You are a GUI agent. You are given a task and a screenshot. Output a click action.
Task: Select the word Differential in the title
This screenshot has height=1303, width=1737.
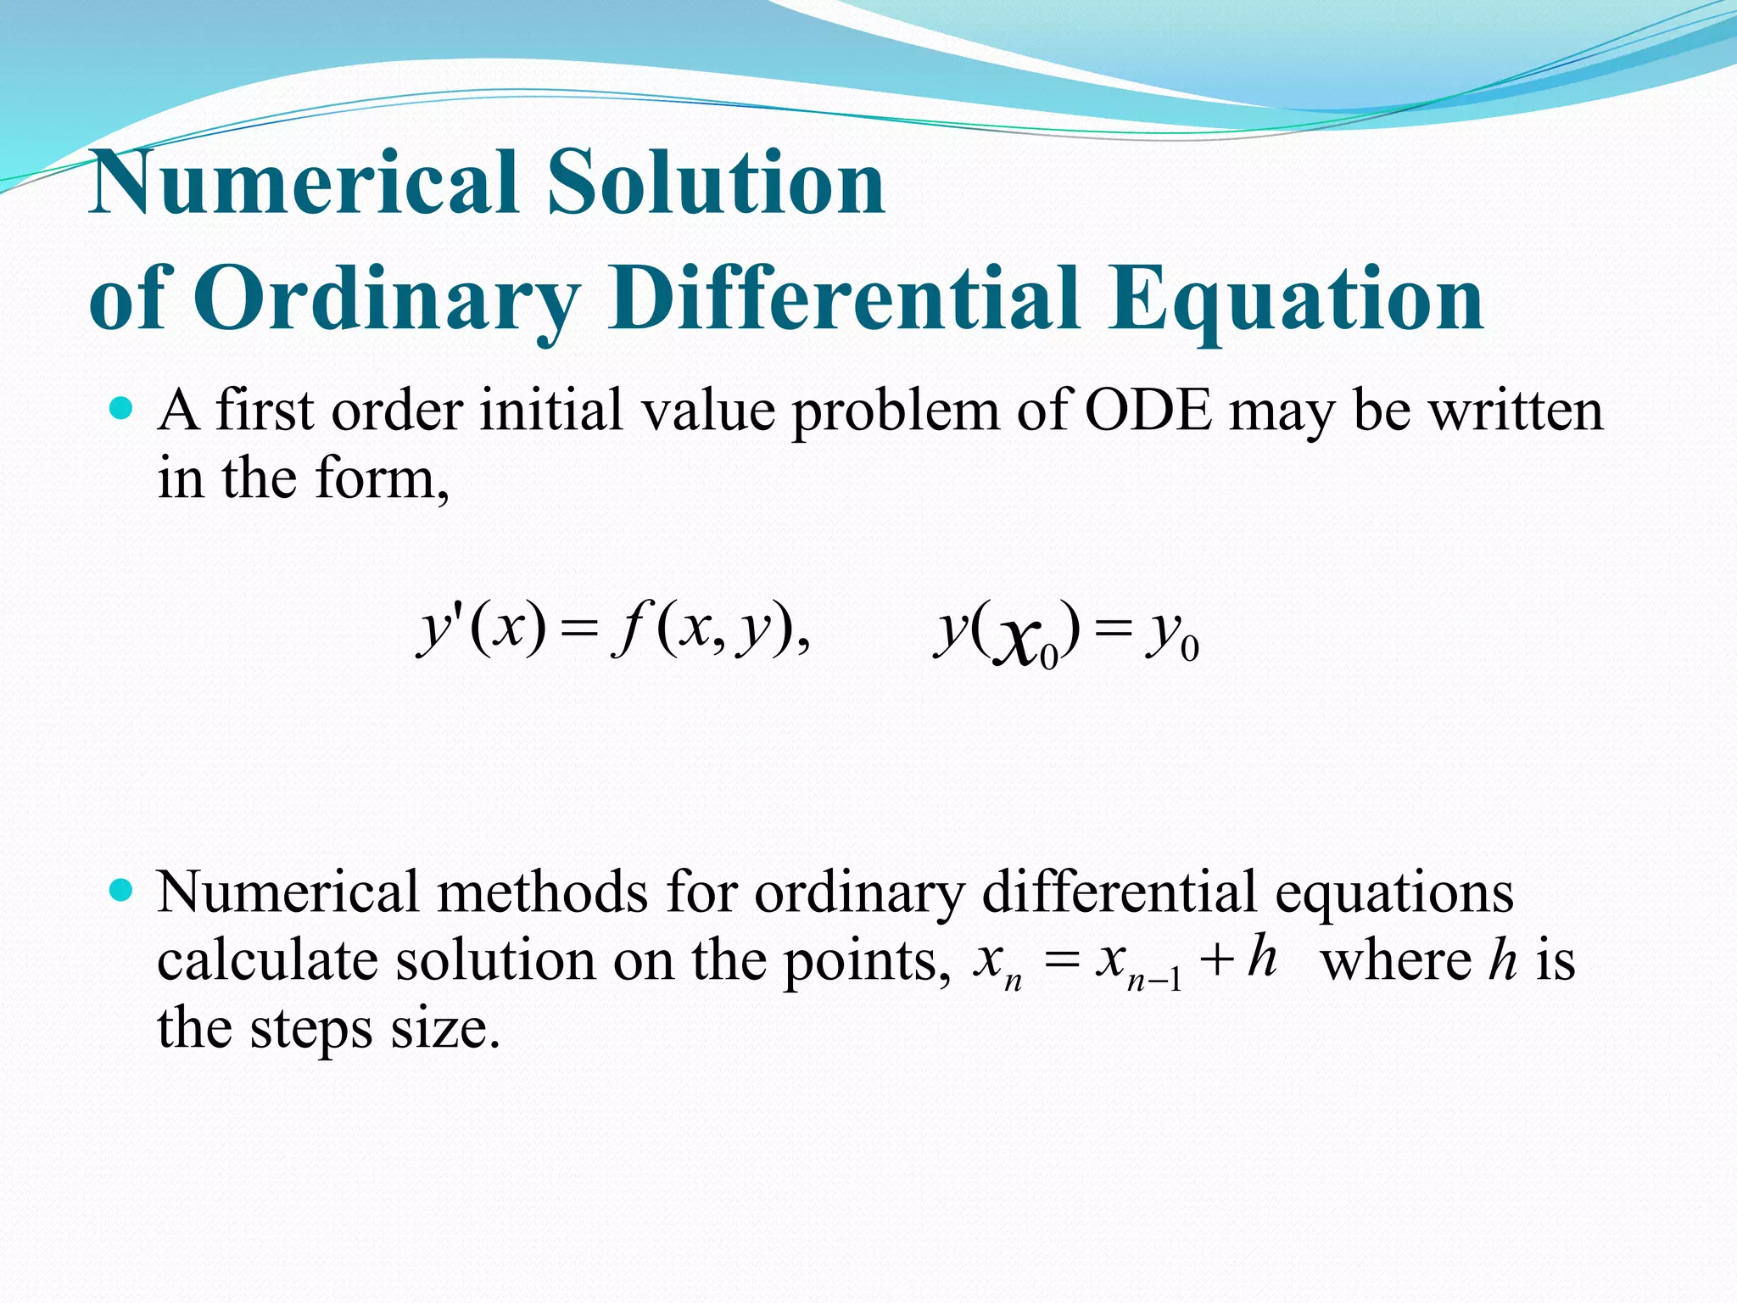(844, 299)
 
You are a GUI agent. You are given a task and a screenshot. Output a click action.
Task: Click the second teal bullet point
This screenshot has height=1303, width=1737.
(123, 892)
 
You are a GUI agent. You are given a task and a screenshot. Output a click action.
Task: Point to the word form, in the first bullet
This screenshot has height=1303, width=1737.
(382, 479)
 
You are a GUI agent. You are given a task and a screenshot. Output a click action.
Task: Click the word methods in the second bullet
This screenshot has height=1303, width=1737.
(542, 892)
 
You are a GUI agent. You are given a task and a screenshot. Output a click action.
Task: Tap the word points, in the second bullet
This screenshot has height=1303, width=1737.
(866, 964)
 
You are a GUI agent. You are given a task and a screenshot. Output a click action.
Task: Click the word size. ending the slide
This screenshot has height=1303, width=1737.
(444, 1029)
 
